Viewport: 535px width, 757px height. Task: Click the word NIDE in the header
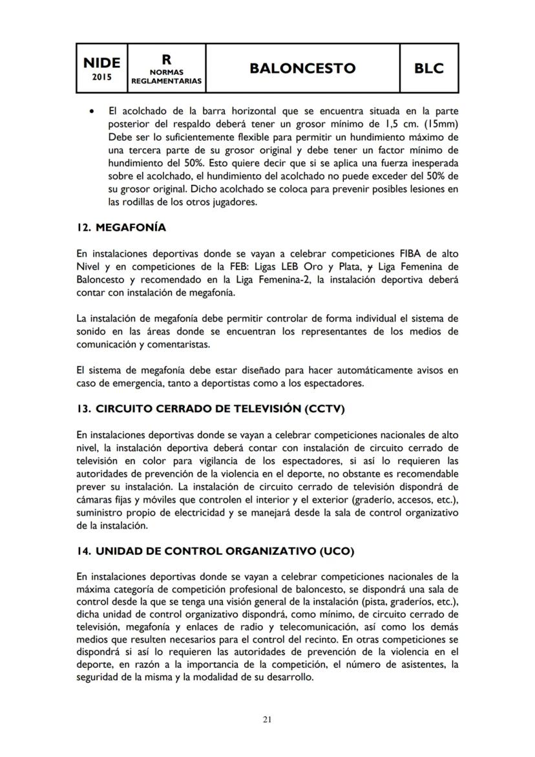click(102, 62)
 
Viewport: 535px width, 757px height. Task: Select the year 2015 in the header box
click(102, 77)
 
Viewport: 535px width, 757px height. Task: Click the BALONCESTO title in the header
click(303, 68)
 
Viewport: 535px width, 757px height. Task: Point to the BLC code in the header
click(429, 68)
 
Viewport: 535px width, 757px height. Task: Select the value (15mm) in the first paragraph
click(440, 125)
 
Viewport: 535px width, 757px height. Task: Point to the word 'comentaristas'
click(183, 345)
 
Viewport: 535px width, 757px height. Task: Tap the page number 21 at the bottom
click(267, 718)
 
